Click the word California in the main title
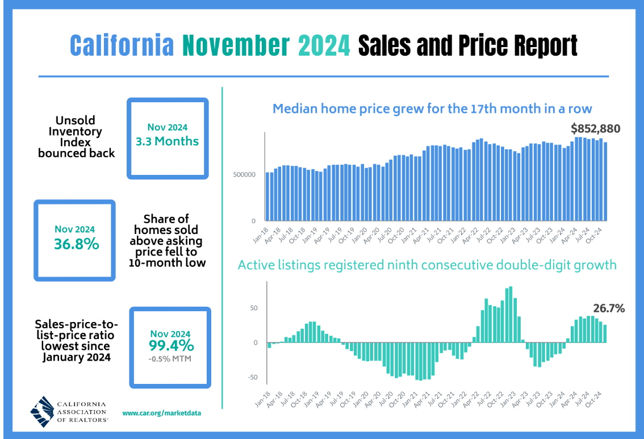coord(122,45)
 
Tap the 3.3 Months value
coord(167,141)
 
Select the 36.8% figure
coord(74,244)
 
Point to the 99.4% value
coord(170,345)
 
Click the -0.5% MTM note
coord(170,358)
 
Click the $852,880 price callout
coord(595,129)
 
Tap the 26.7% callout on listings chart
coord(609,308)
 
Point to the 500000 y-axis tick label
coord(244,174)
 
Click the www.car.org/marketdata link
coord(161,413)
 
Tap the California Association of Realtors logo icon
coord(42,410)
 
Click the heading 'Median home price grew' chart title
coord(432,108)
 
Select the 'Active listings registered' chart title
coord(426,265)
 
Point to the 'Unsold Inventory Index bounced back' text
coord(77,137)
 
